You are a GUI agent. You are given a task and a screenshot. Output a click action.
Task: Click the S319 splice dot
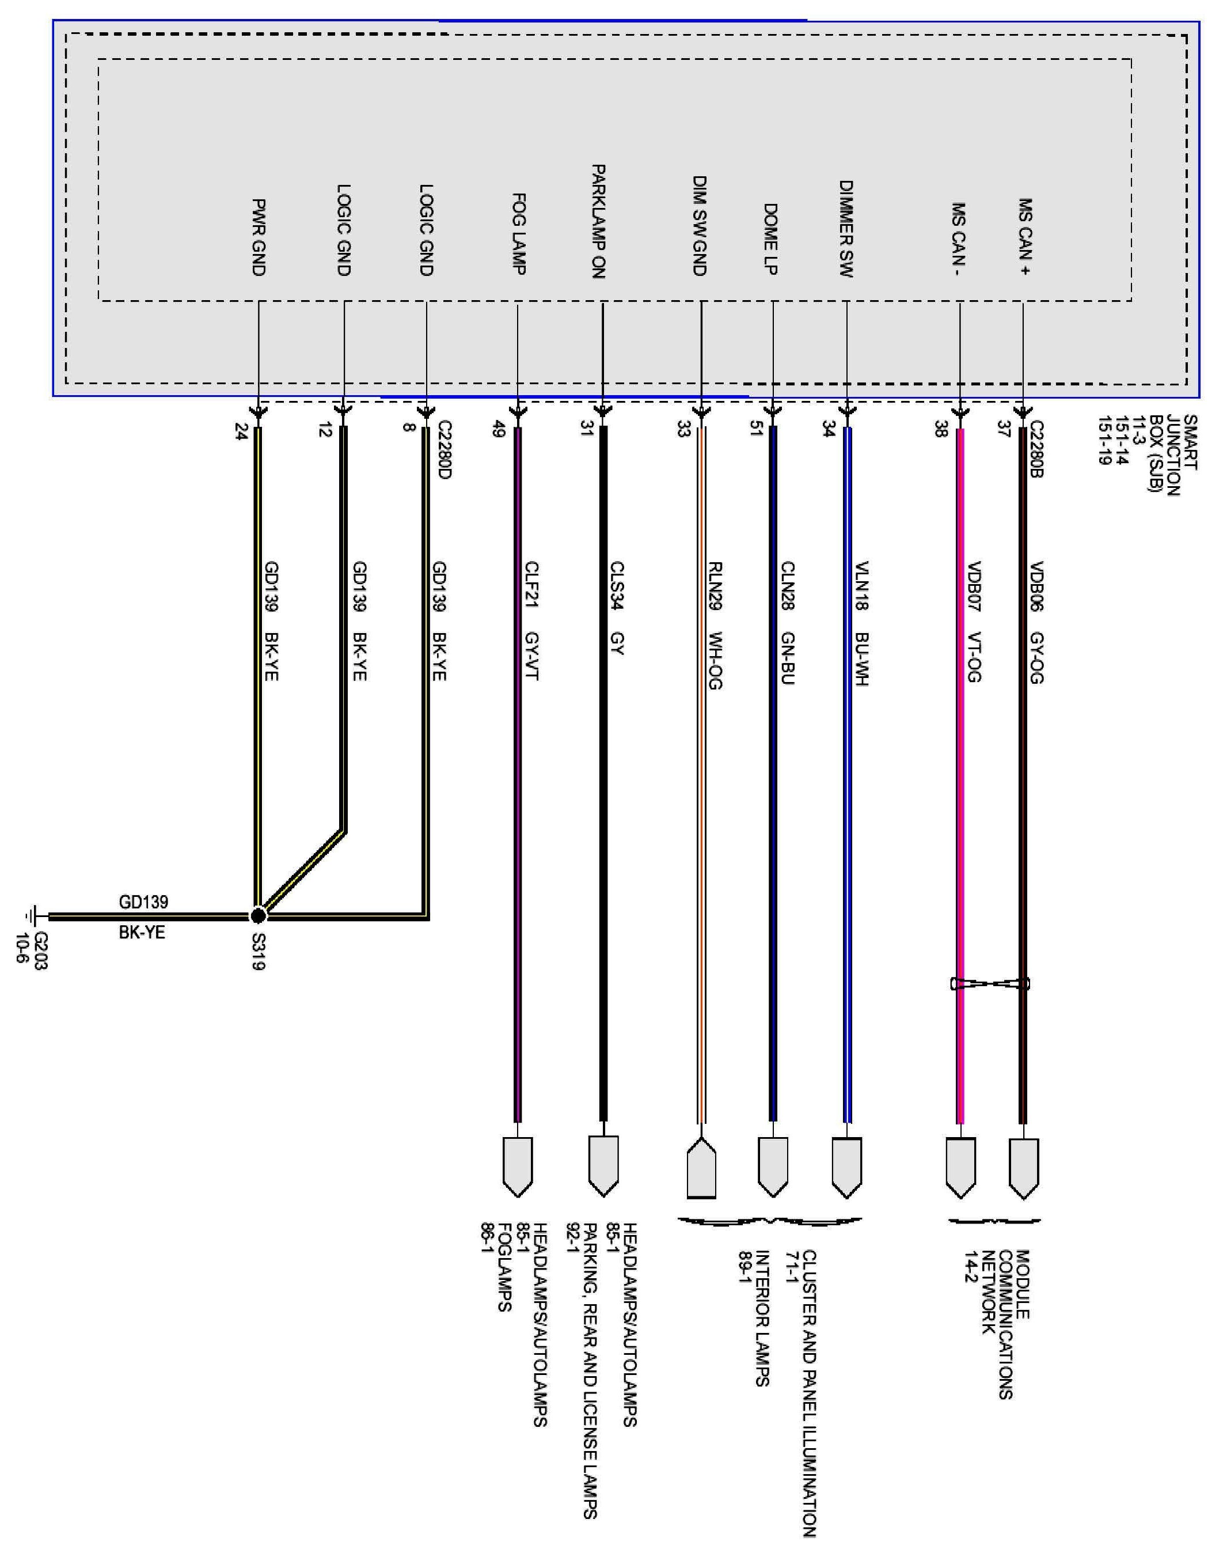(258, 915)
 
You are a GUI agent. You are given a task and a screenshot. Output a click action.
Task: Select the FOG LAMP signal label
(519, 233)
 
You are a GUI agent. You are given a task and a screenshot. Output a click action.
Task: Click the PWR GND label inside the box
(259, 237)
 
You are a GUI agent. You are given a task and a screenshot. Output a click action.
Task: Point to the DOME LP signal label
(770, 239)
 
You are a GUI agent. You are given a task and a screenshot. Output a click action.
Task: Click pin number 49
(500, 431)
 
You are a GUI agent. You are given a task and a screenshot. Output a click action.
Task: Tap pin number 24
(241, 431)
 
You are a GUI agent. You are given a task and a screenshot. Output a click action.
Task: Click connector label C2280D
(445, 450)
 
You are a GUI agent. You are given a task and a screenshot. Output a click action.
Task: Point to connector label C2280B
(1036, 450)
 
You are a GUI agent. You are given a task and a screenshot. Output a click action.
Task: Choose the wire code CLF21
(531, 586)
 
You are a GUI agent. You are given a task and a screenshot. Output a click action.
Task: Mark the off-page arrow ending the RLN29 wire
(701, 1168)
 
